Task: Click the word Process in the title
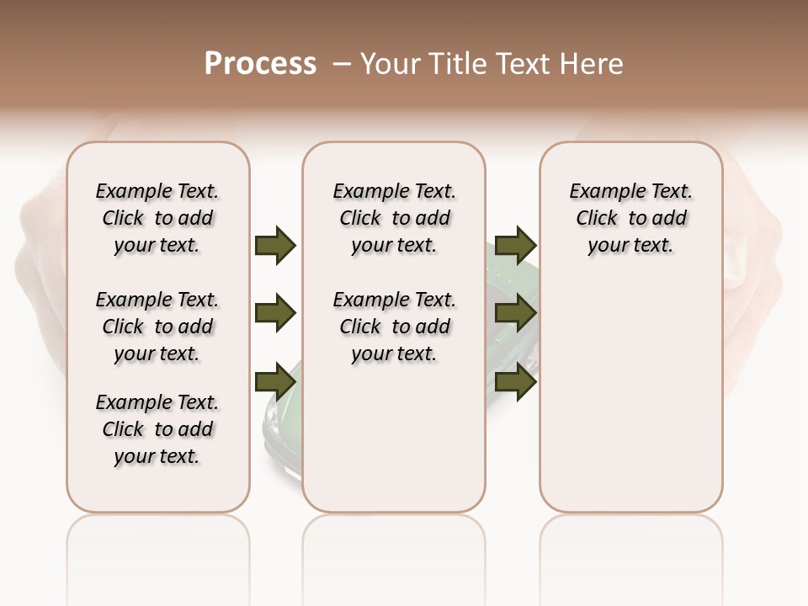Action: point(260,64)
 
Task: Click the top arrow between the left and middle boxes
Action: point(275,245)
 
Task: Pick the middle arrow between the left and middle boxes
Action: point(275,314)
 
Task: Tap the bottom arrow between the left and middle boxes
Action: point(275,382)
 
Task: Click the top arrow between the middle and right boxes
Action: point(515,245)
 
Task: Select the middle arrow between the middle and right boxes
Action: point(515,314)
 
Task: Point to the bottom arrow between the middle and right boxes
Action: point(515,382)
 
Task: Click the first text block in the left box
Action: point(157,218)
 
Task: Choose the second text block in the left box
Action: point(157,327)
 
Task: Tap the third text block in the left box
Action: point(157,429)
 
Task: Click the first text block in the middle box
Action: point(394,218)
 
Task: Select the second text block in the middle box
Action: point(394,327)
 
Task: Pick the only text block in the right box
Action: point(630,218)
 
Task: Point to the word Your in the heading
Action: point(391,64)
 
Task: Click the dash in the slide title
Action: point(342,64)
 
